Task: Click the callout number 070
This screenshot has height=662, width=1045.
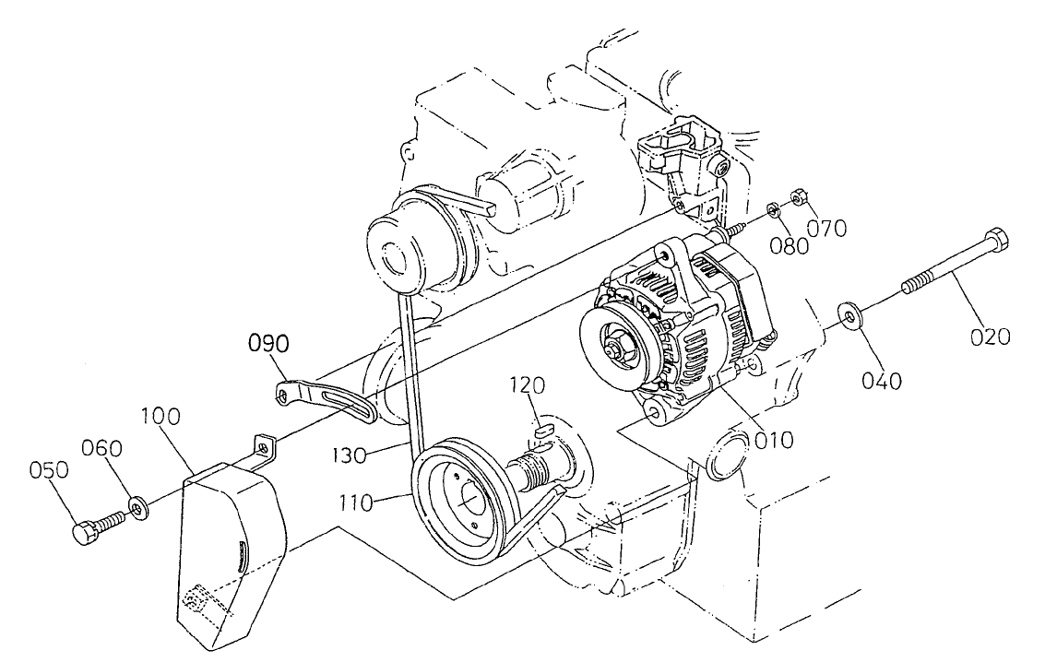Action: [826, 227]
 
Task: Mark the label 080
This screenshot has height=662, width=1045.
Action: [790, 245]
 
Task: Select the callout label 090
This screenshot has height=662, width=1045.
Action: [267, 345]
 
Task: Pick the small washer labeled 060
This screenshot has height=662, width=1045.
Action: [138, 506]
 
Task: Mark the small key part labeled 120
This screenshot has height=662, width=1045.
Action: [542, 427]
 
